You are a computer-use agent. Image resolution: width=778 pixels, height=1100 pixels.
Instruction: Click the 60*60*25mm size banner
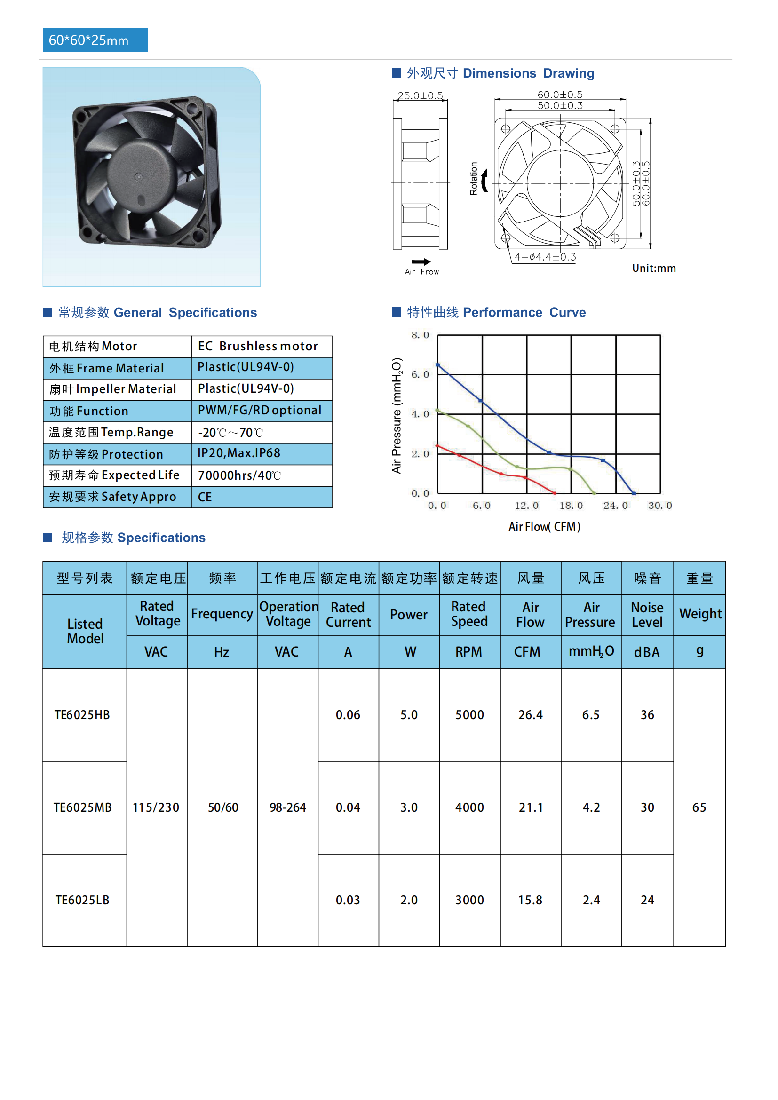click(x=95, y=40)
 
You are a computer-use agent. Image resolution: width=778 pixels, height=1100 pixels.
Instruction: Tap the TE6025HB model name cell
click(x=82, y=715)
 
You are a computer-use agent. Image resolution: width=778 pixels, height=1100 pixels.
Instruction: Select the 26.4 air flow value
click(x=530, y=715)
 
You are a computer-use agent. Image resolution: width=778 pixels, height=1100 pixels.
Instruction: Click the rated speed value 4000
click(x=469, y=807)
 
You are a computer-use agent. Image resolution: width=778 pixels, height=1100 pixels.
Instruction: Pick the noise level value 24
click(x=647, y=900)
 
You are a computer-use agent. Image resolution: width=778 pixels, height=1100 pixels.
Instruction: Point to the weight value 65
click(x=699, y=807)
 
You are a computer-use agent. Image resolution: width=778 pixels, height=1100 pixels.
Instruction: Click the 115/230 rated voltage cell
click(x=156, y=807)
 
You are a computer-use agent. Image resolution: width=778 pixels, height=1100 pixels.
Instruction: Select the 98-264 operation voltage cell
click(x=287, y=807)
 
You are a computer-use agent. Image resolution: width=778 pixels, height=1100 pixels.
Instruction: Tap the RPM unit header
click(x=468, y=652)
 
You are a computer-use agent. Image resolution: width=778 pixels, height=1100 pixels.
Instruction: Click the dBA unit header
click(x=647, y=652)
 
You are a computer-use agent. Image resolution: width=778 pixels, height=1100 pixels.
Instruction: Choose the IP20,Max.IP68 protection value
click(x=239, y=453)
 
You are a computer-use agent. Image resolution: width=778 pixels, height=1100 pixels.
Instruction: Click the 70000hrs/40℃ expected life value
click(x=239, y=475)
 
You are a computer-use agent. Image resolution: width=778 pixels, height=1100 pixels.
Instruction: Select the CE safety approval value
click(x=205, y=497)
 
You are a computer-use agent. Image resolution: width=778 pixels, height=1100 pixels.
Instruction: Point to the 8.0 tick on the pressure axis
click(x=420, y=335)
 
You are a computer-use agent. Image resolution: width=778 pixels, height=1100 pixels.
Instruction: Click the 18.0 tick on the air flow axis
click(x=571, y=506)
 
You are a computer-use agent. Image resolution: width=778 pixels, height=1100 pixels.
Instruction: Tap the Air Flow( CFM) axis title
click(x=544, y=527)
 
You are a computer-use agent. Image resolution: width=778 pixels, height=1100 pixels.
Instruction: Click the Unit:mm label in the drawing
click(x=654, y=268)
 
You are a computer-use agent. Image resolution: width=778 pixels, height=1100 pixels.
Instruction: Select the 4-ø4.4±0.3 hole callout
click(x=545, y=257)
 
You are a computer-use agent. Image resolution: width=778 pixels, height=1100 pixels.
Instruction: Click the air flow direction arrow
click(x=421, y=261)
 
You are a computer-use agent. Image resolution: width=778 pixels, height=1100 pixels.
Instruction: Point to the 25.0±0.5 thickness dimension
click(x=420, y=96)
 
